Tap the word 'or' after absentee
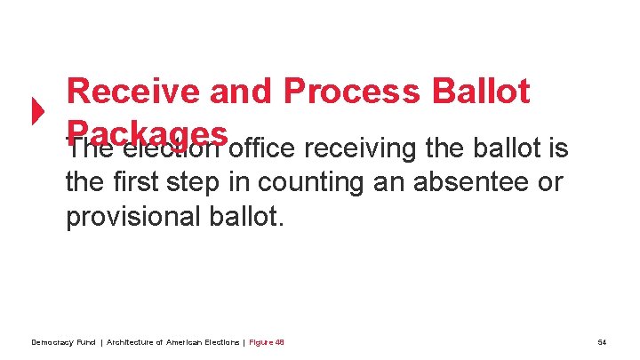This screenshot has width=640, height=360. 550,183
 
